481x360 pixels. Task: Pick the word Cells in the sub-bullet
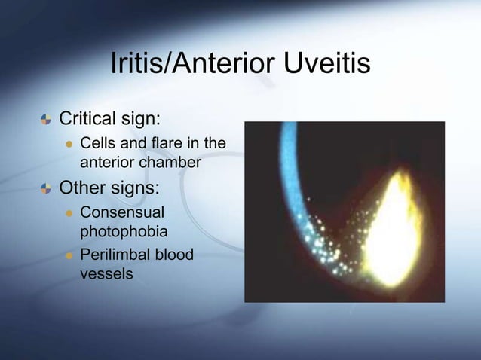(x=97, y=143)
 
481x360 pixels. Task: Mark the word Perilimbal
(x=115, y=255)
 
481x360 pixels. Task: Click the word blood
(x=173, y=255)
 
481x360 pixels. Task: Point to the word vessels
(x=106, y=273)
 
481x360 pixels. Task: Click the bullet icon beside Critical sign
(x=46, y=120)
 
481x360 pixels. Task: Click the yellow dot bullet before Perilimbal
(x=67, y=256)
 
